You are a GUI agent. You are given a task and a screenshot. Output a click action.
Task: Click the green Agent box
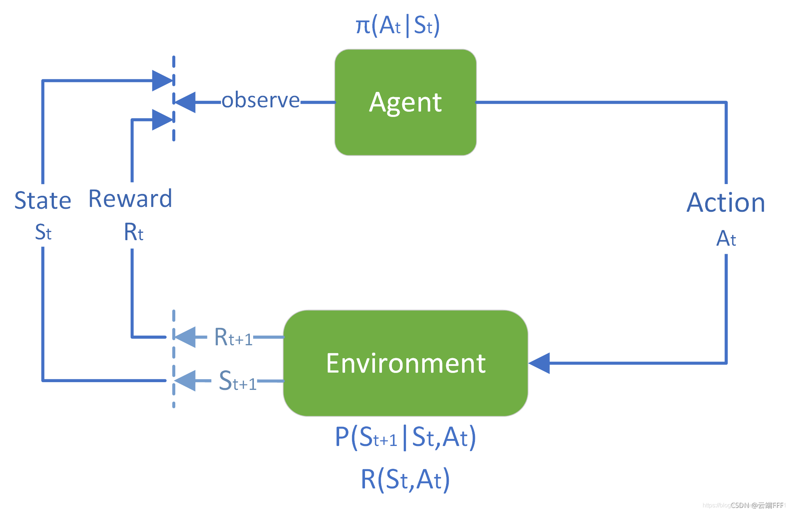pos(405,102)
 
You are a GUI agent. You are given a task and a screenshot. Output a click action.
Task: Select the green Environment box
pos(405,363)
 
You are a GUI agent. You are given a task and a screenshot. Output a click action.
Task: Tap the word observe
pos(261,100)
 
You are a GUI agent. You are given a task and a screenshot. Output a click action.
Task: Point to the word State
pos(43,201)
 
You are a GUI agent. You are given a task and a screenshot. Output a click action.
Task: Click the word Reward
pos(130,199)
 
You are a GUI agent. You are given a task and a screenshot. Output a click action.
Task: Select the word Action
pos(726,203)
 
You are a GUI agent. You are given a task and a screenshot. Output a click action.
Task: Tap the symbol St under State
pos(43,232)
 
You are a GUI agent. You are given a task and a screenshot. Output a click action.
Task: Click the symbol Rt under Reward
pos(133,232)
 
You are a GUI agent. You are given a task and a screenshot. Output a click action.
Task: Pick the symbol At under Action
pos(726,239)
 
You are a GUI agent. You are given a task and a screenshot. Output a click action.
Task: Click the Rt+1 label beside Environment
pos(233,337)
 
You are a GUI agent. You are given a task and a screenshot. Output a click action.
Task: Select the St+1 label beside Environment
pos(237,381)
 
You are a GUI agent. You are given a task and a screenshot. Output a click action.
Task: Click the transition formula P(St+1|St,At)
pos(405,437)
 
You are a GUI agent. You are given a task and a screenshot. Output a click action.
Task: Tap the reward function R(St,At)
pos(405,480)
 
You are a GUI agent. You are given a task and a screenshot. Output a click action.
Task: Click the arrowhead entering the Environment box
pos(539,363)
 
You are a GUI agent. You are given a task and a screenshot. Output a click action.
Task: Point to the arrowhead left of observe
pos(185,102)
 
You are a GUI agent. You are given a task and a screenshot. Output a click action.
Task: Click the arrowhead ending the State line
pos(162,80)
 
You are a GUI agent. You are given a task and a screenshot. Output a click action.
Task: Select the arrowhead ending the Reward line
pos(162,120)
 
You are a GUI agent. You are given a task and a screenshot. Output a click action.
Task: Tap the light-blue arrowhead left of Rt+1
pos(185,337)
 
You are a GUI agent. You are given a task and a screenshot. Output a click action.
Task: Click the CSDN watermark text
pos(757,505)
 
